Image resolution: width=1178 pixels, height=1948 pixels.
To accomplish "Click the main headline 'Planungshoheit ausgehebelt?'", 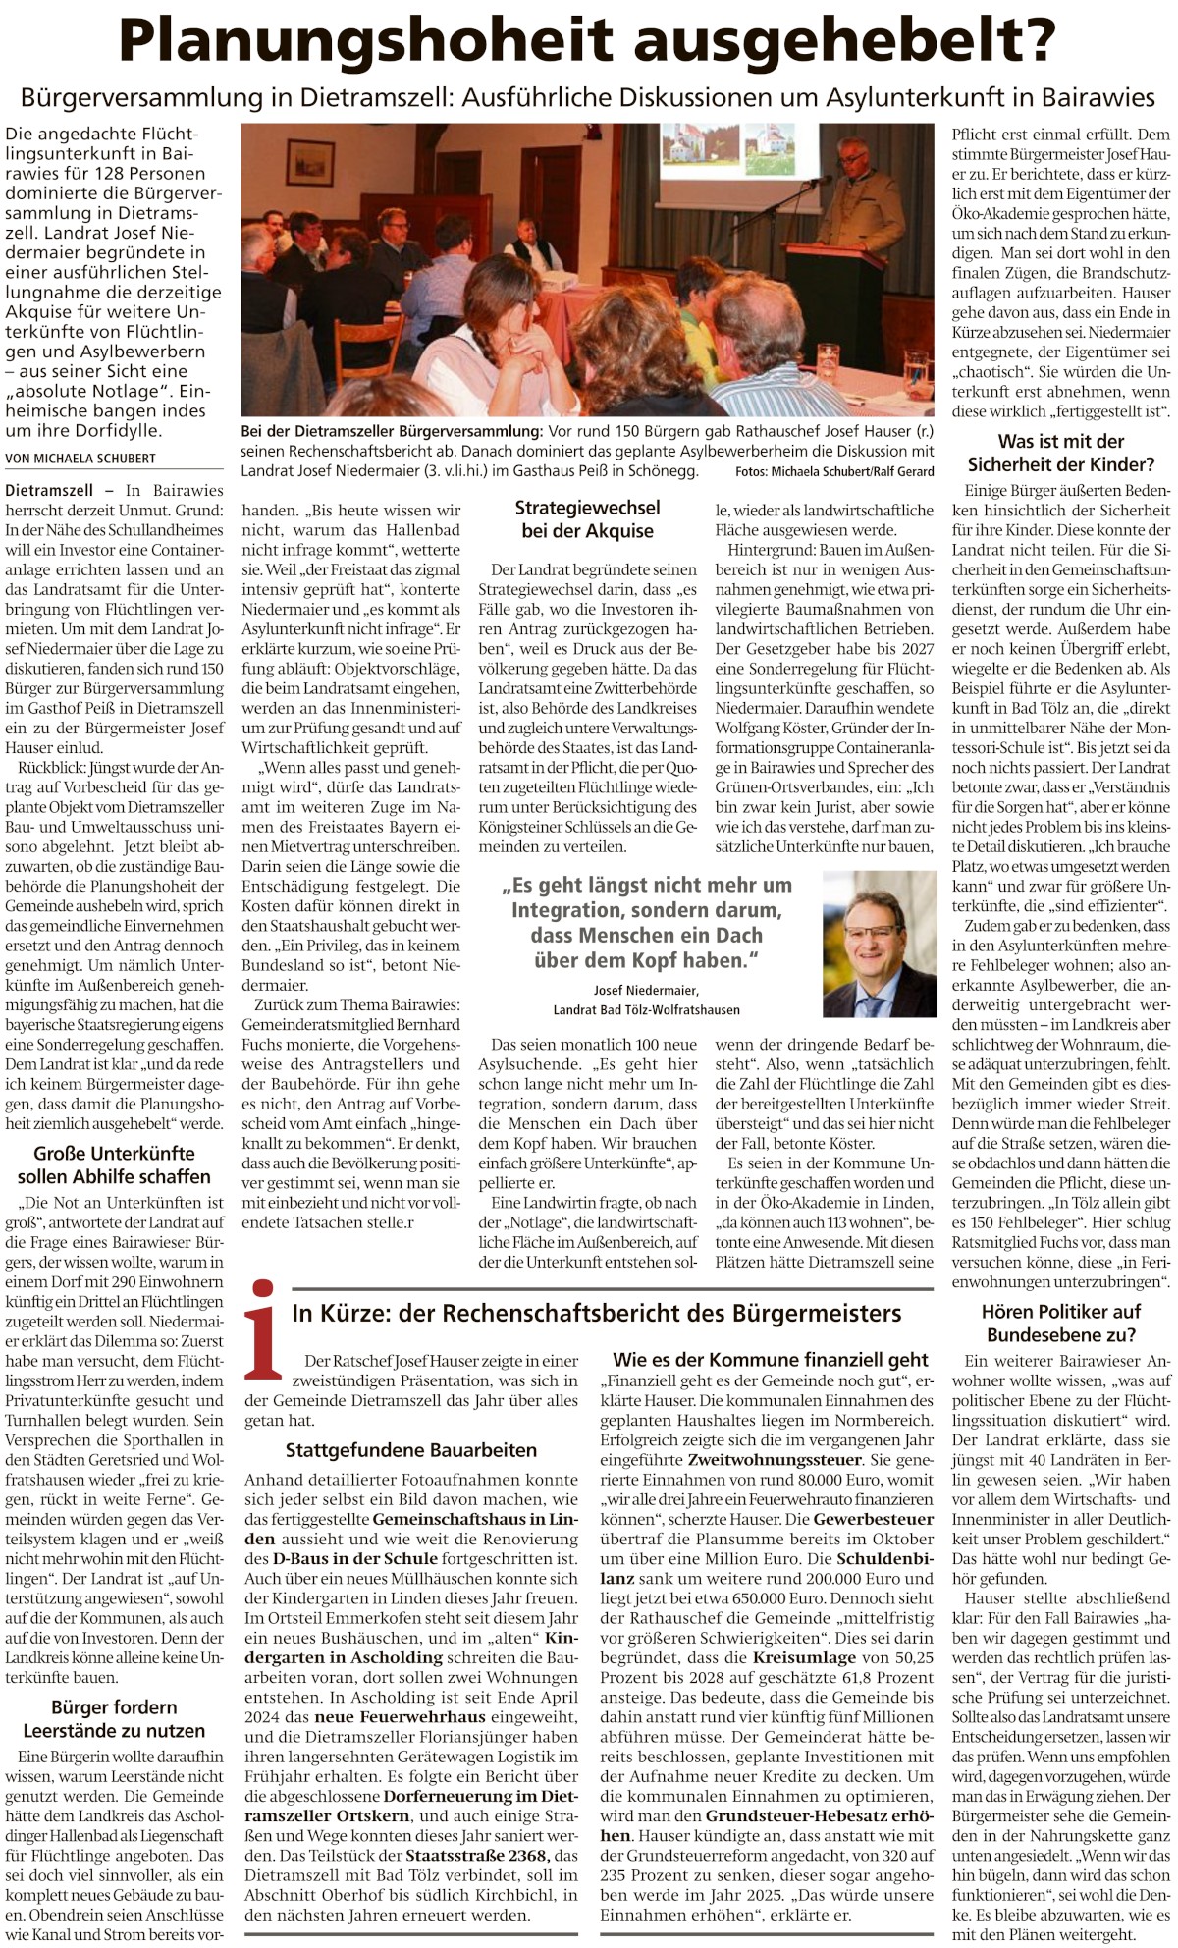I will [x=587, y=41].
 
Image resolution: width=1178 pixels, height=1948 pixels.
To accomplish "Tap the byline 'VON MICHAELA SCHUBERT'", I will [x=80, y=458].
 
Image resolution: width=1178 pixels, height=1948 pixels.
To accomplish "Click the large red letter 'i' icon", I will [x=262, y=1327].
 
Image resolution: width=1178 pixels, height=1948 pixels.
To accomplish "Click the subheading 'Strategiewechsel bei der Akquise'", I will [x=587, y=519].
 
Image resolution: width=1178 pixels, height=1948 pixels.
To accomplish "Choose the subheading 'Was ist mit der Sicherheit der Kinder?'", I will [x=1061, y=453].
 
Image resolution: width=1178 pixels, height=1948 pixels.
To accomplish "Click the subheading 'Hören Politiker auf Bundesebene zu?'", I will [x=1061, y=1323].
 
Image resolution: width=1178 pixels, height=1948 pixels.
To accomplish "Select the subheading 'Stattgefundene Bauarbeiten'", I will [x=411, y=1450].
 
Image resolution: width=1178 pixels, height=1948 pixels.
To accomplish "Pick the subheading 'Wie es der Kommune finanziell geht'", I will [x=770, y=1360].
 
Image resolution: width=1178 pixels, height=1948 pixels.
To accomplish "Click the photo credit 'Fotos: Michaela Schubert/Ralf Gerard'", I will [x=834, y=472].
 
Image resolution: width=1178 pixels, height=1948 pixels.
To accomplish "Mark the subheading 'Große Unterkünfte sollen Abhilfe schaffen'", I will [x=114, y=1164].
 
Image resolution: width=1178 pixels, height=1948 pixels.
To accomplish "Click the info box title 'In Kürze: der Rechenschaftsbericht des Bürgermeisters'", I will [x=596, y=1313].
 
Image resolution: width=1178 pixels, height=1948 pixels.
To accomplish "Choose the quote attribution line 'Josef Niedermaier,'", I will [x=646, y=990].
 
